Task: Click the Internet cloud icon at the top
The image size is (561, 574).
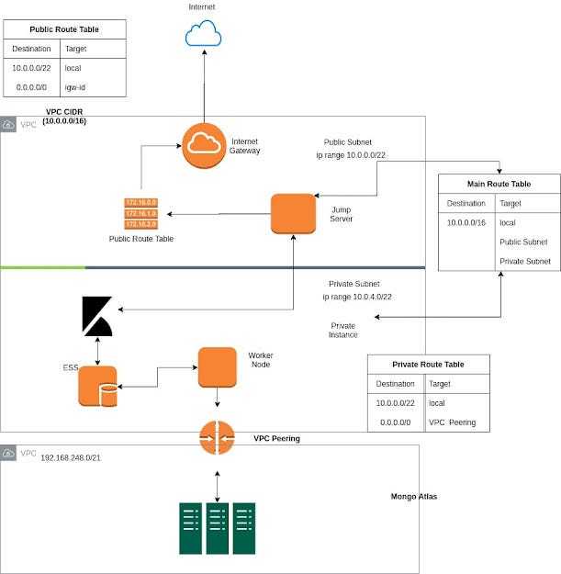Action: (x=203, y=35)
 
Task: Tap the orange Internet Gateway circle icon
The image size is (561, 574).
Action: (x=203, y=145)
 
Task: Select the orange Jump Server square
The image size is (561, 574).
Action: (x=293, y=213)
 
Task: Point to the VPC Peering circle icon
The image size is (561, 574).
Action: (x=218, y=437)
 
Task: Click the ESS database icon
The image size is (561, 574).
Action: (x=97, y=386)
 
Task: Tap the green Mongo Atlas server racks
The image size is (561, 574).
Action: (x=218, y=528)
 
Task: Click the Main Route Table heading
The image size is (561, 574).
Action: (x=499, y=184)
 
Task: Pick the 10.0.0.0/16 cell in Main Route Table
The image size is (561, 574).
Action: (x=466, y=223)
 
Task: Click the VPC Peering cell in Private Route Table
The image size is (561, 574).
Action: (x=453, y=423)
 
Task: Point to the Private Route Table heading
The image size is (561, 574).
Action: (x=428, y=365)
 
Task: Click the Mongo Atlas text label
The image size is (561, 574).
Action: (x=414, y=497)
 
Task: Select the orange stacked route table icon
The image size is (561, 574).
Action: (x=140, y=213)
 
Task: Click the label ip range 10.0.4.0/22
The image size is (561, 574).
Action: (x=357, y=297)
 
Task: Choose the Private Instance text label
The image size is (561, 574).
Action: (x=343, y=331)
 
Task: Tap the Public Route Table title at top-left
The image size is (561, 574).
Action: (x=64, y=29)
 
